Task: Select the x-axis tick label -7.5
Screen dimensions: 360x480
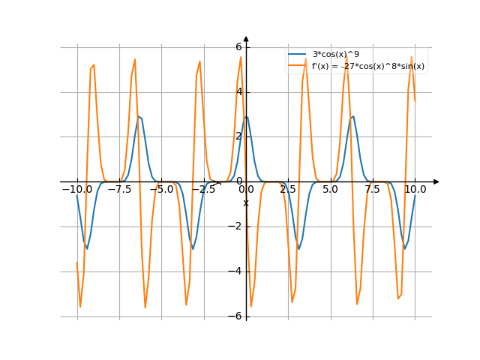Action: click(x=118, y=190)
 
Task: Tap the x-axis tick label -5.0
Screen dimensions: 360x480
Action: click(x=160, y=190)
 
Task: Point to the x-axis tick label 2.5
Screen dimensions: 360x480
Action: click(x=288, y=190)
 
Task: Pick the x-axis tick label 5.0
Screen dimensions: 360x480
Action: click(x=331, y=190)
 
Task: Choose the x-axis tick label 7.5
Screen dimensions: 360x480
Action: click(x=373, y=190)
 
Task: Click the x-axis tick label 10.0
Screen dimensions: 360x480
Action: click(x=415, y=190)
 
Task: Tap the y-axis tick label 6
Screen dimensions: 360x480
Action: click(x=239, y=46)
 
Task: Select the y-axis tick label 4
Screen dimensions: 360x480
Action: click(x=239, y=91)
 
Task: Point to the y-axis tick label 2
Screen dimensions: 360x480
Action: click(x=239, y=136)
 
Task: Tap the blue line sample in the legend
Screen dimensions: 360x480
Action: click(x=298, y=55)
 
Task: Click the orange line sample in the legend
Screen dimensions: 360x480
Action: click(x=298, y=66)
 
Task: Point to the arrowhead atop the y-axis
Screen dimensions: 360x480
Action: click(x=246, y=39)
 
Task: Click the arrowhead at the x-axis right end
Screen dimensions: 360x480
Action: click(x=436, y=181)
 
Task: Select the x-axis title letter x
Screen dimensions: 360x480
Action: click(x=245, y=202)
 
